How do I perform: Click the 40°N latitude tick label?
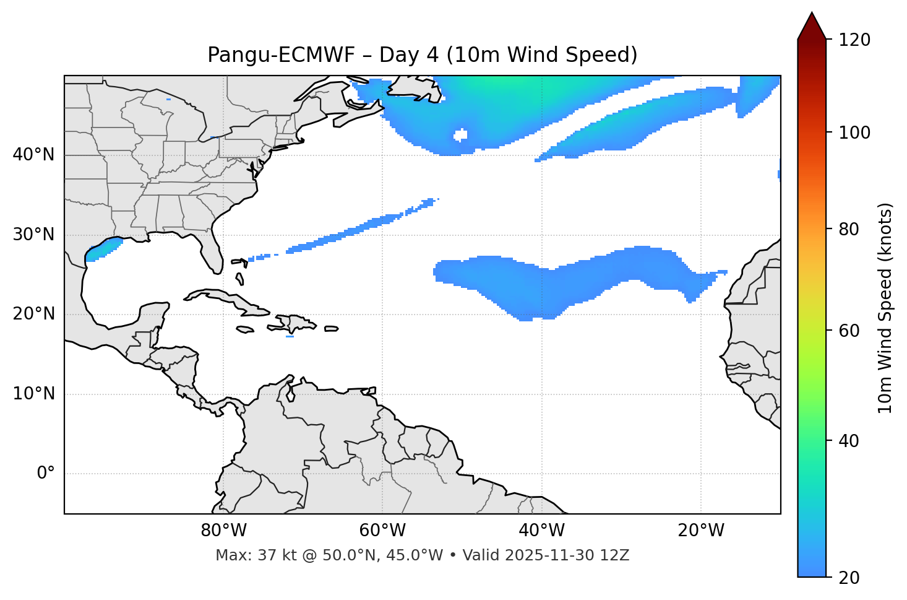[x=33, y=155]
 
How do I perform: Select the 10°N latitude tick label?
[x=33, y=394]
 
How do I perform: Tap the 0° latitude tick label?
[x=45, y=474]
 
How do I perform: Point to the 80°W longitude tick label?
[x=223, y=531]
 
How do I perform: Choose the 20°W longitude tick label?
[x=701, y=531]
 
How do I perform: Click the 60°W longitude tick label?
[x=382, y=531]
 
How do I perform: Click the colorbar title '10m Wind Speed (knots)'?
[x=885, y=308]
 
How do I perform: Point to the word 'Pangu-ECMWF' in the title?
[x=281, y=55]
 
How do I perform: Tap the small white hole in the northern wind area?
[x=460, y=135]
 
